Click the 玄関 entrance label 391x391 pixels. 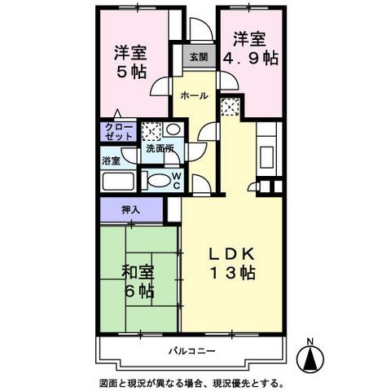(x=199, y=57)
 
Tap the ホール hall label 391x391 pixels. (x=193, y=95)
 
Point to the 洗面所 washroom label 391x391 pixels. (x=160, y=149)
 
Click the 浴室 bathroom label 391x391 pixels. (x=111, y=161)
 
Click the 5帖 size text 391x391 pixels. (x=130, y=72)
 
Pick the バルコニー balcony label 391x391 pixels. (x=192, y=352)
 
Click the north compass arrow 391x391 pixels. (x=309, y=355)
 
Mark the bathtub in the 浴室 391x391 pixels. (x=120, y=181)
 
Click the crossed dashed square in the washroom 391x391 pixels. (x=152, y=131)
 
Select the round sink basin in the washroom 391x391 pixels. (x=174, y=130)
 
